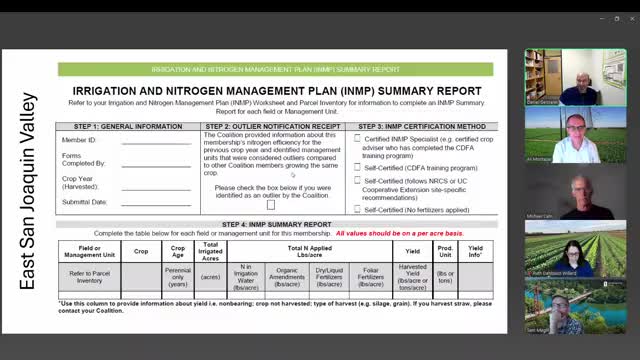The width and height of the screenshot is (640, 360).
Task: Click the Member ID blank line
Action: [x=155, y=141]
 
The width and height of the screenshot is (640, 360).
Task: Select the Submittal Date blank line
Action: [x=155, y=202]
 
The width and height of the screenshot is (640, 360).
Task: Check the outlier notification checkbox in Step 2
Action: [x=270, y=204]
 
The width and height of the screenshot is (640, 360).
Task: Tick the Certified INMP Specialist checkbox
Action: [x=357, y=139]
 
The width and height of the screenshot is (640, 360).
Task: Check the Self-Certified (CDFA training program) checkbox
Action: [x=357, y=167]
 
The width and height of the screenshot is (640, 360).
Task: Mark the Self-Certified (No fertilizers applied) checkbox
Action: [x=357, y=210]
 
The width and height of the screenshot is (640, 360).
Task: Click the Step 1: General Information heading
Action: [x=128, y=127]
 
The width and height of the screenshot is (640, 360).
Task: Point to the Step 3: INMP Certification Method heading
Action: [x=423, y=127]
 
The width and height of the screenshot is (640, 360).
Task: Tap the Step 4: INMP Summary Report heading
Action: [x=276, y=224]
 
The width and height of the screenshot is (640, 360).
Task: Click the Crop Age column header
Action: [x=177, y=250]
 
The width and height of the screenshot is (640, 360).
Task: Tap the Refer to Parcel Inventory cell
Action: [x=89, y=274]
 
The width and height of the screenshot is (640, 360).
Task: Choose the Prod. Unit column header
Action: [x=445, y=250]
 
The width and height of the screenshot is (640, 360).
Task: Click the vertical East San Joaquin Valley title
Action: [x=28, y=190]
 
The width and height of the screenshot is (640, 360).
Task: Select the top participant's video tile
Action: [x=548, y=77]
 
